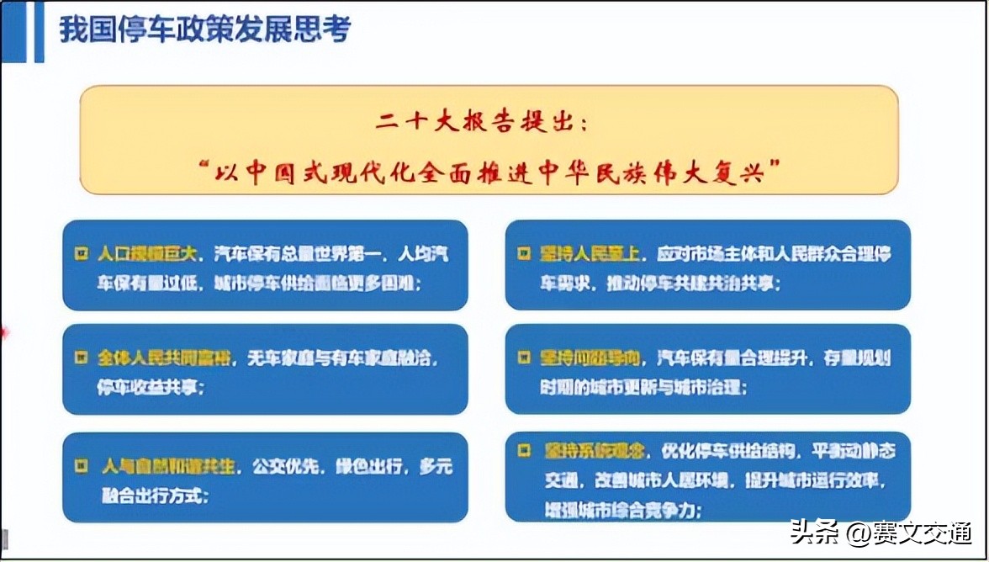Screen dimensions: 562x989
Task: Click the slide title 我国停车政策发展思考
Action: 204,29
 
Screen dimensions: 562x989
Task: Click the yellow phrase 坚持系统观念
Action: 595,451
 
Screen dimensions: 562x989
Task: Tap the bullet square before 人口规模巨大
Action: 82,253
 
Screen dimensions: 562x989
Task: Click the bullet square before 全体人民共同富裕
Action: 82,358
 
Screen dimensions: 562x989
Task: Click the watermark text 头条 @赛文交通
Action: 880,533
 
